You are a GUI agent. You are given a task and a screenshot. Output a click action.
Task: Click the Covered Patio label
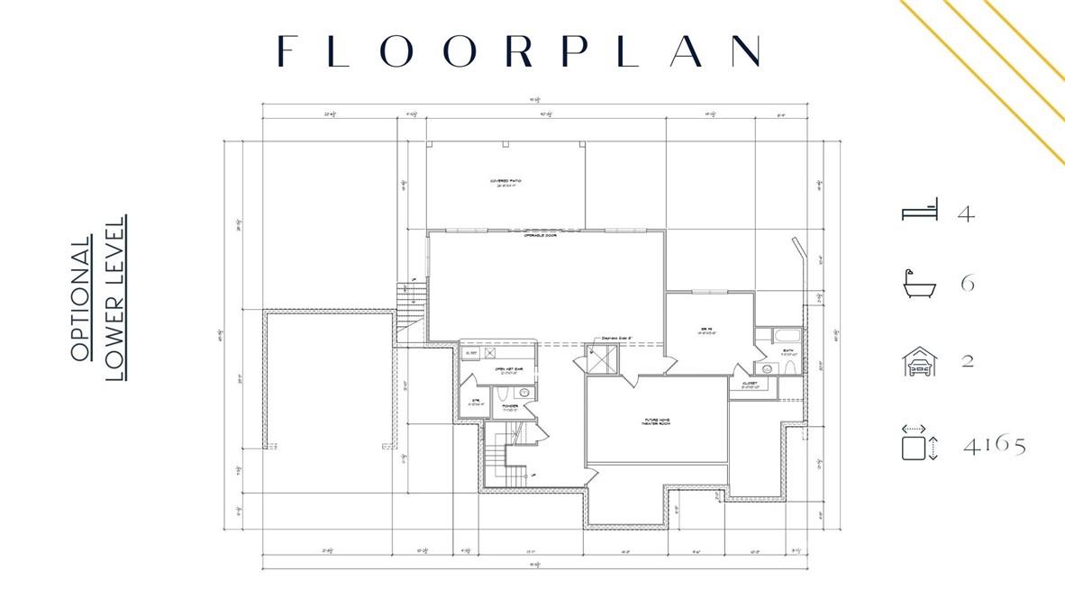(505, 183)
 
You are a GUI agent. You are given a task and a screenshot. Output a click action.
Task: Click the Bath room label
(787, 352)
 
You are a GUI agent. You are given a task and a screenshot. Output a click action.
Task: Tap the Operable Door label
(540, 236)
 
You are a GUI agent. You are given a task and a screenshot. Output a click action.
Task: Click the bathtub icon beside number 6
(920, 284)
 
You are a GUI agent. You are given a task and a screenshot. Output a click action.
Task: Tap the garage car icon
(920, 361)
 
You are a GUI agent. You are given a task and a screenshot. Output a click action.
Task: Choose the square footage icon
(920, 445)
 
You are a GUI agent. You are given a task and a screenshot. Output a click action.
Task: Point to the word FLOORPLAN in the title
(519, 51)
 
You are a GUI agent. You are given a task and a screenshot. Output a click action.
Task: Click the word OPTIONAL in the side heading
(81, 299)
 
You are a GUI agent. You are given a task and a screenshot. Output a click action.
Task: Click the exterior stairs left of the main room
(410, 306)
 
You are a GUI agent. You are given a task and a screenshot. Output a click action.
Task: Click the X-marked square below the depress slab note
(601, 358)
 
